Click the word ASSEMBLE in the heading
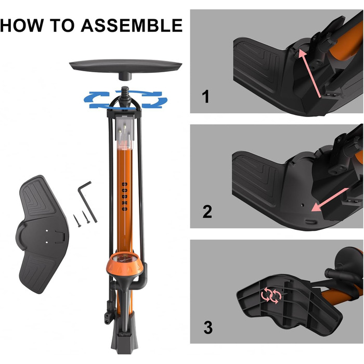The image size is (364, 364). pyautogui.click(x=132, y=25)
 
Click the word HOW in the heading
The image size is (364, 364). pyautogui.click(x=22, y=25)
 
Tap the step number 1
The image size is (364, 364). pyautogui.click(x=206, y=97)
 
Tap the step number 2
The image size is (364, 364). pyautogui.click(x=207, y=211)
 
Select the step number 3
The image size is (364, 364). pyautogui.click(x=208, y=327)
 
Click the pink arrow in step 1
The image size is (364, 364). pyautogui.click(x=309, y=73)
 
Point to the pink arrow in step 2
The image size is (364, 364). pyautogui.click(x=330, y=200)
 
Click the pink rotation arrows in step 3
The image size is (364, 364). pyautogui.click(x=271, y=295)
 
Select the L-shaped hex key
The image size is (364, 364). pyautogui.click(x=86, y=201)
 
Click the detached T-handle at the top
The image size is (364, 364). pyautogui.click(x=126, y=69)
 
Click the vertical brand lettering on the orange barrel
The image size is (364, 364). pyautogui.click(x=125, y=197)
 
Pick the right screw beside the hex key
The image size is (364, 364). pyautogui.click(x=86, y=217)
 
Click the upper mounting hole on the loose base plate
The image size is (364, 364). pyautogui.click(x=47, y=231)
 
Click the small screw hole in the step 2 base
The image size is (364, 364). pyautogui.click(x=302, y=205)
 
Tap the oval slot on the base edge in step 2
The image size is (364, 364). pyautogui.click(x=311, y=222)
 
